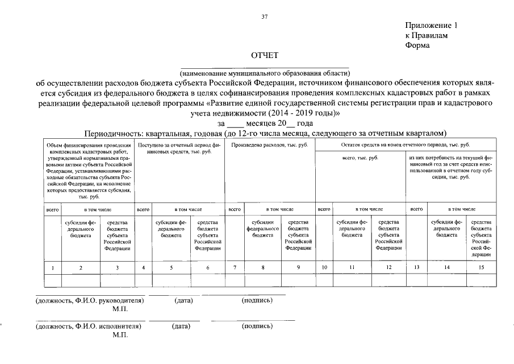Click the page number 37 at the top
click(x=264, y=16)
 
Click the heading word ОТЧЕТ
click(x=265, y=55)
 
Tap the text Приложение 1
click(x=431, y=26)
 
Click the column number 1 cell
click(x=53, y=267)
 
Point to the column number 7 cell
click(x=235, y=267)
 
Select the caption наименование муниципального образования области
click(x=265, y=73)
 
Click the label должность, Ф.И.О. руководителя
click(x=89, y=300)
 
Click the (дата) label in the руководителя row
click(x=183, y=300)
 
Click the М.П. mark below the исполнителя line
click(x=120, y=335)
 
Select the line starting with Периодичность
click(x=265, y=133)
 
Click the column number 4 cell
click(x=144, y=267)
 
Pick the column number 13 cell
click(x=416, y=267)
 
